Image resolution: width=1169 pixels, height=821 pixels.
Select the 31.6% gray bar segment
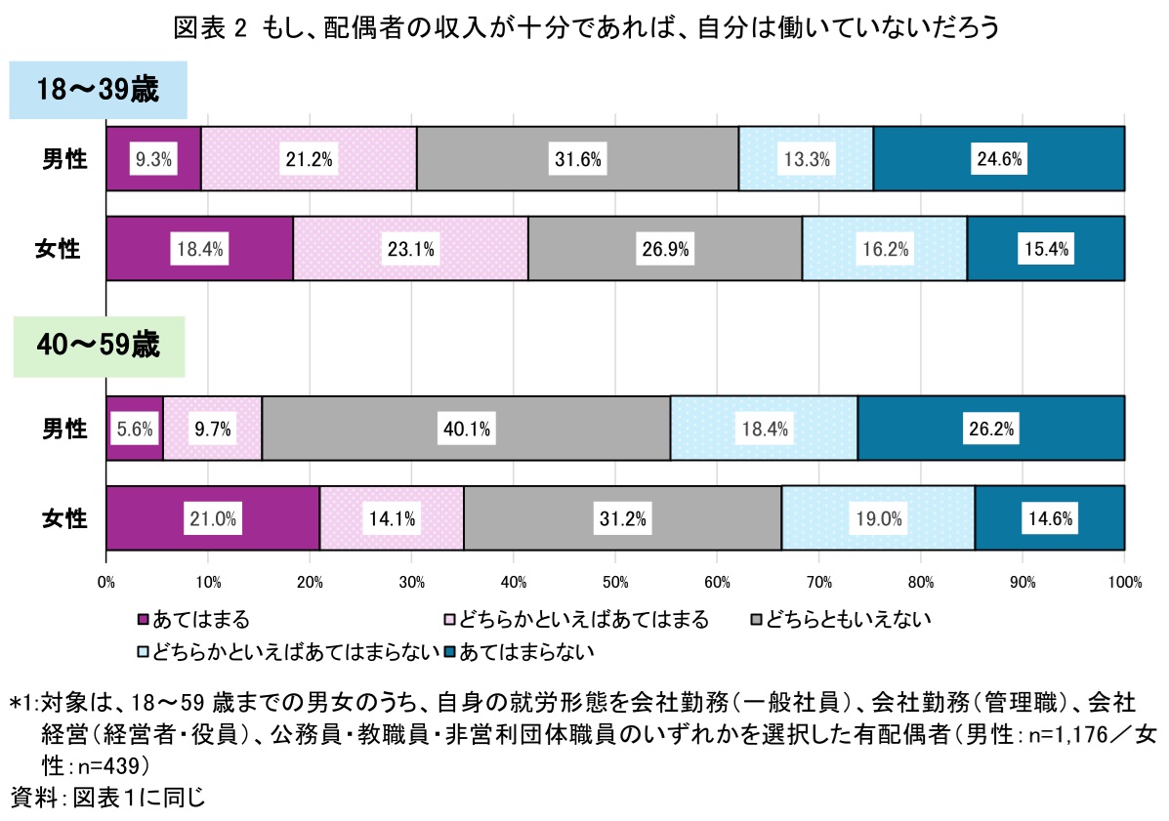click(577, 158)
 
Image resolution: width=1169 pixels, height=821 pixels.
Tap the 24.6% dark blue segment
click(998, 158)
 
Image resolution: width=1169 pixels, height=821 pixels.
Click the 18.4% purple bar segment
click(199, 249)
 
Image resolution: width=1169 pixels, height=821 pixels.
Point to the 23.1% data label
click(410, 249)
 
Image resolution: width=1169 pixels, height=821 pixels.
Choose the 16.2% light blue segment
click(884, 249)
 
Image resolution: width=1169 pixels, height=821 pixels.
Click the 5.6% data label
click(134, 428)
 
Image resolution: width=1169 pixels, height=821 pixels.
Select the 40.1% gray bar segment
click(466, 428)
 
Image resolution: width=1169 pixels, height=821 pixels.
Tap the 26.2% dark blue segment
click(990, 428)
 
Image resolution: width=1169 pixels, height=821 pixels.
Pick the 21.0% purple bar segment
click(213, 518)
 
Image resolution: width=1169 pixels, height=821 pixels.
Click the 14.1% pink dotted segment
click(391, 518)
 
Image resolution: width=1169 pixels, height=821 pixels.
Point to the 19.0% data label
click(878, 518)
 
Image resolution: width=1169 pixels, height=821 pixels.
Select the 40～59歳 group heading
click(98, 346)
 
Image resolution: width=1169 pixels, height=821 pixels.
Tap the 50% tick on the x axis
click(614, 583)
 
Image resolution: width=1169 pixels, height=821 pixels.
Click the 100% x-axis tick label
click(1125, 583)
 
